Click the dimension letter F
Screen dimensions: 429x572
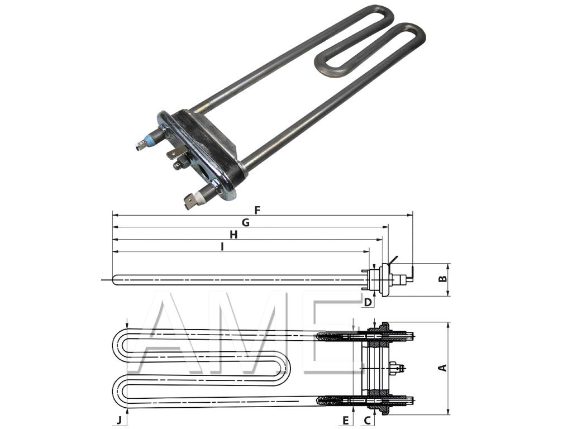tap(257, 210)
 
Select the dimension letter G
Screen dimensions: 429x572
tap(245, 223)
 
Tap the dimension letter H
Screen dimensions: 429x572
tap(233, 235)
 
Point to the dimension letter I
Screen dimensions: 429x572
tap(222, 247)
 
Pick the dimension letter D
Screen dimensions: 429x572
tap(368, 302)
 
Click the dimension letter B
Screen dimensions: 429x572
tap(442, 278)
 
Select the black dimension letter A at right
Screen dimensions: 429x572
tap(442, 368)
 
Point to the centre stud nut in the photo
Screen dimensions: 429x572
tap(180, 164)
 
